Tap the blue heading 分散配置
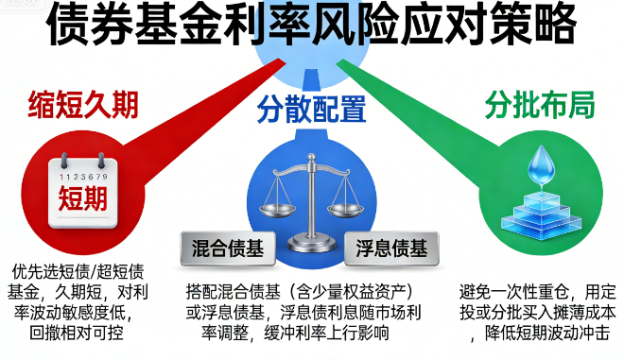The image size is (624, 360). pyautogui.click(x=312, y=111)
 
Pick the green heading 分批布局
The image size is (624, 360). pyautogui.click(x=540, y=106)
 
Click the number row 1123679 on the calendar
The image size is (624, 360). pyautogui.click(x=82, y=177)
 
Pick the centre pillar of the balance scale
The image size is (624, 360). pyautogui.click(x=312, y=203)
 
